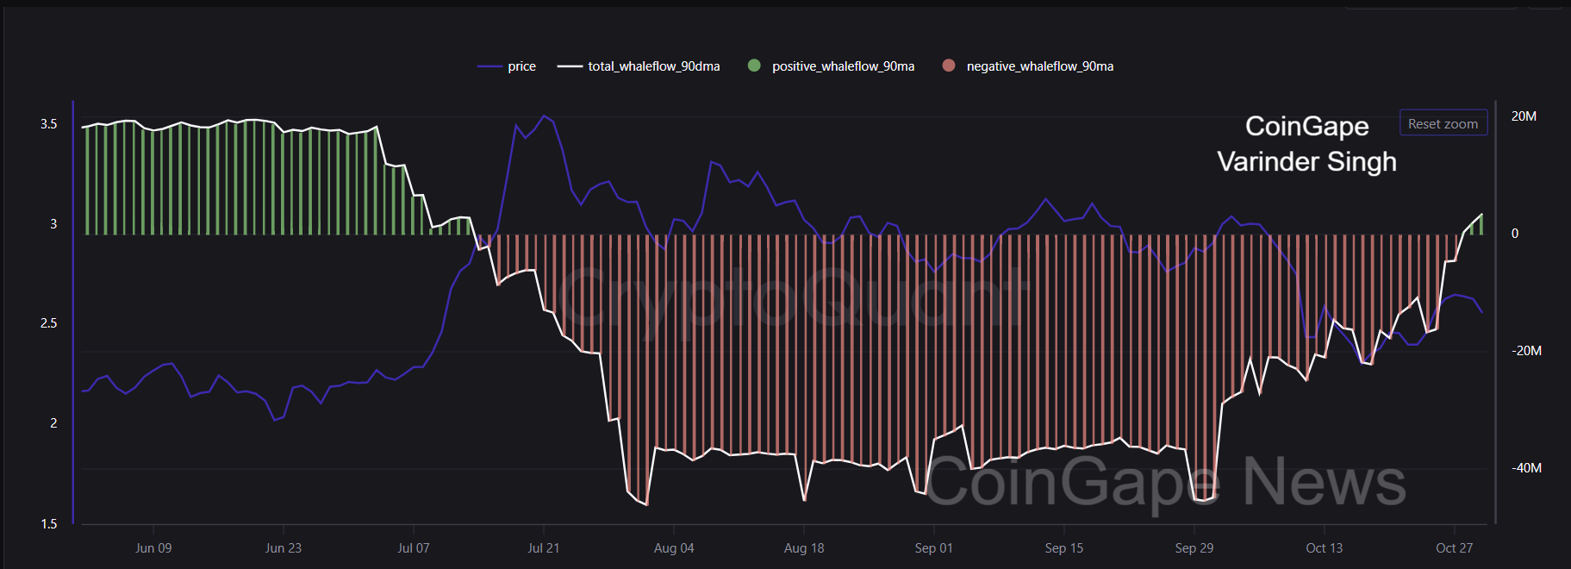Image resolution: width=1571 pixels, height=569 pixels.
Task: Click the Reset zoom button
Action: point(1443,123)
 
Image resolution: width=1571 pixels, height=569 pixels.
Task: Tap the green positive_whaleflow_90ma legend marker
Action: point(754,66)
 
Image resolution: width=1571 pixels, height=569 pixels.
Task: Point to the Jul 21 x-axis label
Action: point(543,548)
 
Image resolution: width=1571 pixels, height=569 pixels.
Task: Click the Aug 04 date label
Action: point(673,548)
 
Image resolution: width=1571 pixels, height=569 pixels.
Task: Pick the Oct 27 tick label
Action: point(1454,548)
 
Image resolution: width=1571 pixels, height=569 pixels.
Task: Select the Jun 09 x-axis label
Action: point(153,548)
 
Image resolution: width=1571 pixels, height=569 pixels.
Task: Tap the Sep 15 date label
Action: point(1063,548)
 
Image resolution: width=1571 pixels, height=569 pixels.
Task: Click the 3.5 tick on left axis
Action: point(49,124)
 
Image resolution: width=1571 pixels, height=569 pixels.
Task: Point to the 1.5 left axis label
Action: point(49,524)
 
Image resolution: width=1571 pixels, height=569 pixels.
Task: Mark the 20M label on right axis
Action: point(1524,116)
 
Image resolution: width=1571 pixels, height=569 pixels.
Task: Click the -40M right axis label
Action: point(1526,468)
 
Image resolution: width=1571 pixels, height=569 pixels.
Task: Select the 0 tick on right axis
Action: point(1515,234)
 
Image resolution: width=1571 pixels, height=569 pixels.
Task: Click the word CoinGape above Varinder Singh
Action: point(1306,126)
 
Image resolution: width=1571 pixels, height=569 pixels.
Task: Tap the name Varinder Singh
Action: point(1306,161)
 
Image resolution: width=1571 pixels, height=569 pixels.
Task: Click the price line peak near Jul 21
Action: point(544,116)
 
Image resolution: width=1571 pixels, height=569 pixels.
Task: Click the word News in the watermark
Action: point(1324,482)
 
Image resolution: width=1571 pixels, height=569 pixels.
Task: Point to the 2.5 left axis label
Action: point(49,323)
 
